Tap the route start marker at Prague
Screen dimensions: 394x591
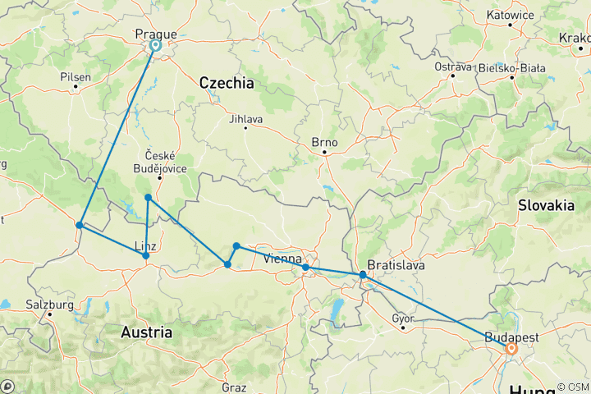[x=154, y=47]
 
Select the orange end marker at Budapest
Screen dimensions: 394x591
[x=511, y=349]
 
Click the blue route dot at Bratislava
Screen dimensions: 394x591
[x=363, y=275]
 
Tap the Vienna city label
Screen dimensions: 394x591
[x=282, y=259]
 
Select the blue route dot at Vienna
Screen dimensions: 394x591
[x=305, y=268]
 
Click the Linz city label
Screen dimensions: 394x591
[x=145, y=245]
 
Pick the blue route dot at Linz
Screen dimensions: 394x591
[x=146, y=256]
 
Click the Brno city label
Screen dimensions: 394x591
[x=324, y=141]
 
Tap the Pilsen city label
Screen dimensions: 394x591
[x=76, y=76]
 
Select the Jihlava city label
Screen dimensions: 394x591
[x=246, y=119]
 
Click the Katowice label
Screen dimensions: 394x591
[x=510, y=14]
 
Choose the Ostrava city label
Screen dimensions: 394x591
[x=453, y=66]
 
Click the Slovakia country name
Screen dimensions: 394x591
[x=546, y=206]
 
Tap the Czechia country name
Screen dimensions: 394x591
[x=226, y=84]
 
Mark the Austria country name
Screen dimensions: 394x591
[x=146, y=332]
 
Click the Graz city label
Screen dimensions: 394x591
[x=233, y=387]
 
